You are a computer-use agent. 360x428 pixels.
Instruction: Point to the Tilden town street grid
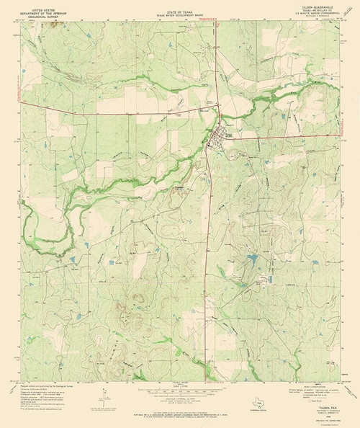pyautogui.click(x=217, y=136)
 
